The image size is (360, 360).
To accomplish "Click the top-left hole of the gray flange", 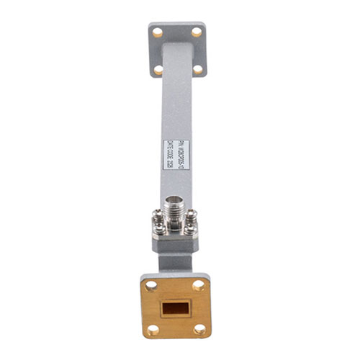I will pyautogui.click(x=157, y=32).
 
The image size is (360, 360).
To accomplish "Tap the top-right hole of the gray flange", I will pyautogui.click(x=196, y=32).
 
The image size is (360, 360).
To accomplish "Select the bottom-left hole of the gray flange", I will pyautogui.click(x=158, y=70).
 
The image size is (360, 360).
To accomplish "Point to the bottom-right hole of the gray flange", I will pyautogui.click(x=197, y=69).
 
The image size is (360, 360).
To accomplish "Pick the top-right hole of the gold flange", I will pyautogui.click(x=199, y=285).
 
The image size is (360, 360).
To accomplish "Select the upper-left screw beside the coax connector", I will pyautogui.click(x=158, y=214).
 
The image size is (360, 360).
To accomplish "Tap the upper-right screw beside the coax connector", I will pyautogui.click(x=192, y=214).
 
